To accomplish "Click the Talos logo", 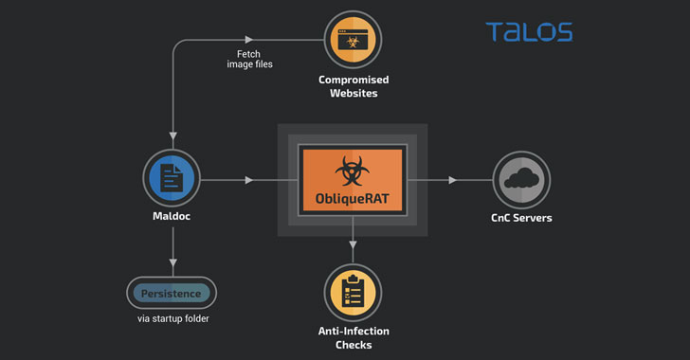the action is point(529,31).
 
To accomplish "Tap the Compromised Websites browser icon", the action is point(353,40).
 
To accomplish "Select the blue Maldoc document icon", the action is point(172,178).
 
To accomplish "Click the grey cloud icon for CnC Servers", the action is point(521,180).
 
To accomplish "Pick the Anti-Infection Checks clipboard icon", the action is point(353,293).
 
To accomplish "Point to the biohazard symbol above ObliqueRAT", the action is point(352,171).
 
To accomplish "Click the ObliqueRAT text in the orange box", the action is point(352,199).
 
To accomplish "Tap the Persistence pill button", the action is point(172,293).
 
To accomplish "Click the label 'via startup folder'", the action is point(172,318).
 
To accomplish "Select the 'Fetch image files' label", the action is point(249,59).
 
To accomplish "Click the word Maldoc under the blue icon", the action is point(172,216).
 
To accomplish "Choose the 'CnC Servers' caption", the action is point(521,218).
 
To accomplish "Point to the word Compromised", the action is point(354,81).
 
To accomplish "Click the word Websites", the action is point(354,93).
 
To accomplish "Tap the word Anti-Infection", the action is point(354,331).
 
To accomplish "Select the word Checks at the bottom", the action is point(354,345).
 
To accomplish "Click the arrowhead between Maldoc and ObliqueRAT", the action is point(249,180).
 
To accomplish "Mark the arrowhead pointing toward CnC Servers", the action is point(452,180).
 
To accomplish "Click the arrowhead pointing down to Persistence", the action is point(172,262).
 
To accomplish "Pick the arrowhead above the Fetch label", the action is point(249,40).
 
